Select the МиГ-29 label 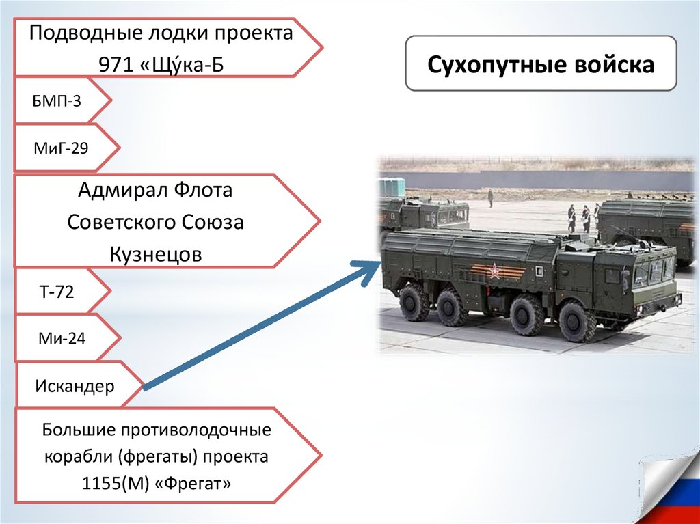[x=61, y=146]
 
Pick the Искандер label [x=75, y=386]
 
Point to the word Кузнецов [x=156, y=255]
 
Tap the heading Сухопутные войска [x=541, y=66]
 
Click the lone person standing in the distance [x=490, y=198]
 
